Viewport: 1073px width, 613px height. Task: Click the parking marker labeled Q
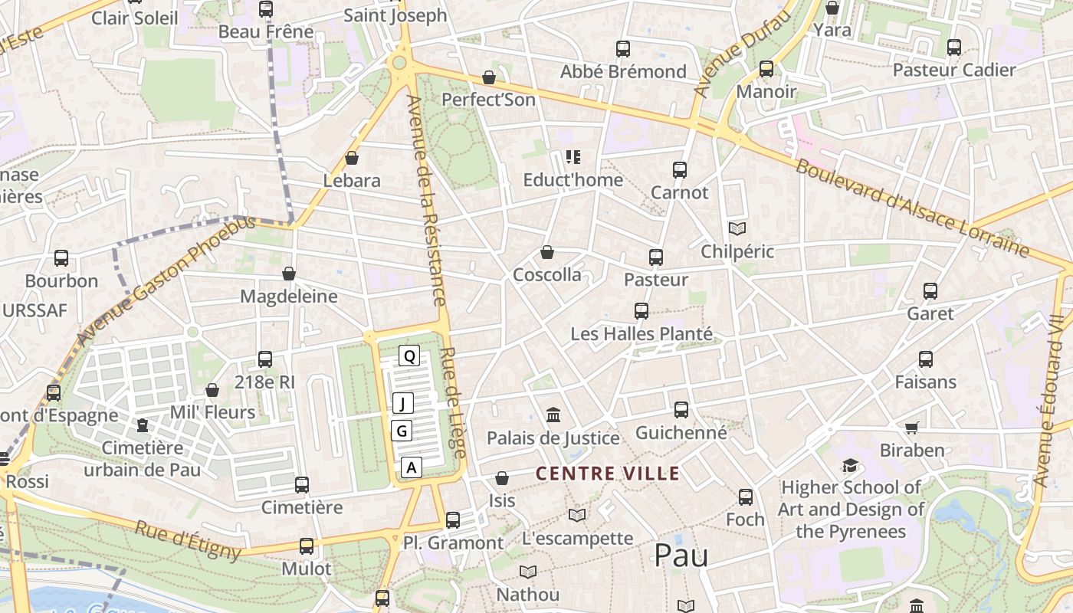point(409,356)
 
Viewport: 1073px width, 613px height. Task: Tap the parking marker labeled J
point(403,403)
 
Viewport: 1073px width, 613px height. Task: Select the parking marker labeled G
point(402,431)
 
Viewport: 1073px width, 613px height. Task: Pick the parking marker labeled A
point(412,467)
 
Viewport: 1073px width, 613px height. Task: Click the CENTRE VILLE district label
point(607,474)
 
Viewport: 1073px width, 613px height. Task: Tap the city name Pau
point(681,556)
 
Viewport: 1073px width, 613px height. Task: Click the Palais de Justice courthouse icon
point(553,415)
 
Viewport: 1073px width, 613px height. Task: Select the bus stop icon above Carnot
point(679,169)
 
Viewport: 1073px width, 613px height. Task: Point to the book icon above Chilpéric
point(737,228)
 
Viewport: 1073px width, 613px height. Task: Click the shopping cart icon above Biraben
point(911,427)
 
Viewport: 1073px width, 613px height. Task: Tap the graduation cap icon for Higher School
point(850,465)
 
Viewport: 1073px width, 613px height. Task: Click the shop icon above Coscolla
point(547,252)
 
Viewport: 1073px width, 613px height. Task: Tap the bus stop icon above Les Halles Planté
point(642,310)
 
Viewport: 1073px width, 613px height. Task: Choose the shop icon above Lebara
point(352,158)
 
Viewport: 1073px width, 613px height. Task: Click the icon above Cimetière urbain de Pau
point(142,425)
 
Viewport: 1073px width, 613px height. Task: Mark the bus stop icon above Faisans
point(925,359)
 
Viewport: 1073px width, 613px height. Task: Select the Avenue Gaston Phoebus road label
point(166,280)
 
